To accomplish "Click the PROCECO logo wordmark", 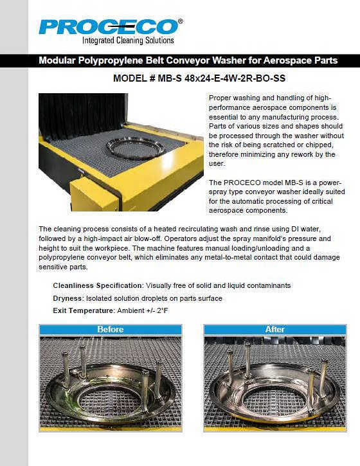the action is click(x=109, y=27).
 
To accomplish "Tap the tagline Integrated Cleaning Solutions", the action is click(x=128, y=40).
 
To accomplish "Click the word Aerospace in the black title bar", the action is click(x=286, y=60).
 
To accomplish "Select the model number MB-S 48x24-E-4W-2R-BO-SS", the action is click(x=222, y=78).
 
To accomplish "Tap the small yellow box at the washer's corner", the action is click(x=94, y=195).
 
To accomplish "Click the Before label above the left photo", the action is click(x=111, y=330).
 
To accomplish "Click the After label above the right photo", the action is click(x=275, y=330).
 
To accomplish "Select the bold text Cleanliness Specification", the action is click(x=98, y=285).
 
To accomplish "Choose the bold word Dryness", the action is click(x=67, y=298).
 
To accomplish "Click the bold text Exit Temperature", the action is click(x=83, y=311).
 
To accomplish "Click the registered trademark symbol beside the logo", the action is click(x=181, y=21).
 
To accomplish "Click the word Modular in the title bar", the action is click(x=57, y=60).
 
